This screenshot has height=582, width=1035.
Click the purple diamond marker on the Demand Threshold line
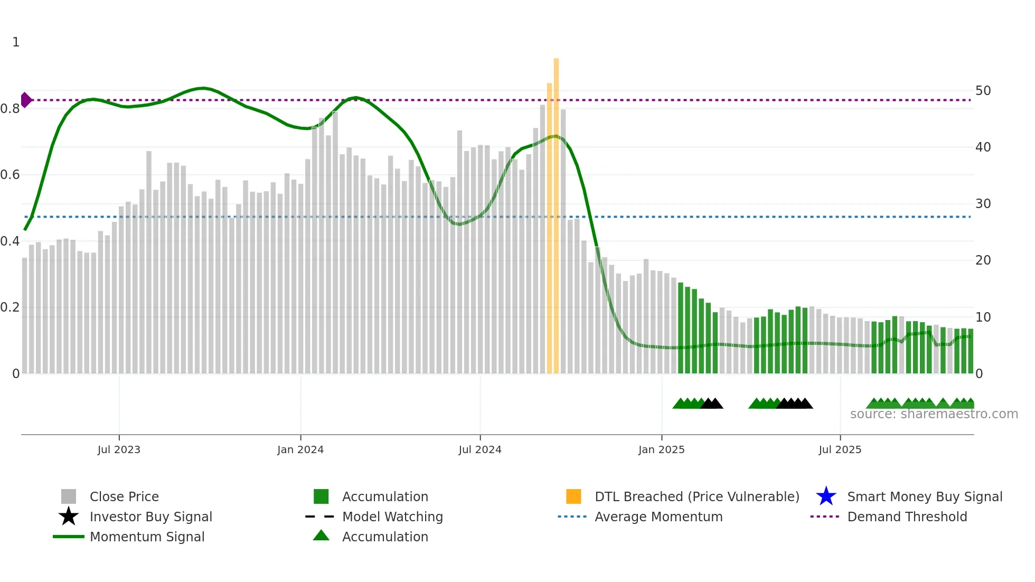point(26,100)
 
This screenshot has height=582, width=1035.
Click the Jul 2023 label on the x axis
point(119,449)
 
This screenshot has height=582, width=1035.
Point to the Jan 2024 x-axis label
point(300,449)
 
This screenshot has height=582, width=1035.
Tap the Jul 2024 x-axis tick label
point(479,449)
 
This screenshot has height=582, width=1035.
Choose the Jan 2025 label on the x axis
point(661,449)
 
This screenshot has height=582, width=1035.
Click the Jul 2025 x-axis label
point(840,449)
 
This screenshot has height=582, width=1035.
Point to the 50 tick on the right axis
point(983,91)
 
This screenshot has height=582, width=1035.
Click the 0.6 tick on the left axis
point(11,175)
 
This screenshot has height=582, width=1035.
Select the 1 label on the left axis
point(16,42)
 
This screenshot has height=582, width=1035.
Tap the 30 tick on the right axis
point(983,204)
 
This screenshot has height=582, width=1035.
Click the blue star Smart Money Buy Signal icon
point(826,496)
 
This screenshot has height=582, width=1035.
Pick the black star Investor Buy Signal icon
point(69,517)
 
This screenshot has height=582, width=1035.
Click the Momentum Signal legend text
point(147,537)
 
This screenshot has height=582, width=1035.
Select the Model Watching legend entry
point(392,517)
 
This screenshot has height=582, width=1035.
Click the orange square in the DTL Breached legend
point(573,496)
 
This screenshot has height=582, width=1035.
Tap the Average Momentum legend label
point(658,517)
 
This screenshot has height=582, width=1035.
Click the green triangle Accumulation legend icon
point(321,536)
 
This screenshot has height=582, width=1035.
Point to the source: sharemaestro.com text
point(934,414)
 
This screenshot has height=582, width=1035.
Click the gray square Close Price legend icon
point(69,496)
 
